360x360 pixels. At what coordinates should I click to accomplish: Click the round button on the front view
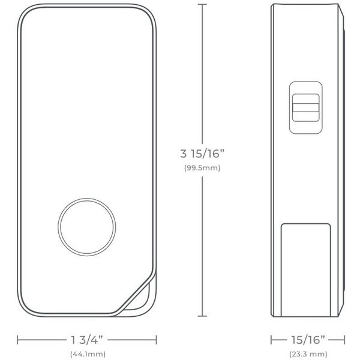[87, 227]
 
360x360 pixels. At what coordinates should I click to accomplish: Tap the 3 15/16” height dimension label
[202, 154]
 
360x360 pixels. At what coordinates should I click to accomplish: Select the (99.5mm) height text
[202, 168]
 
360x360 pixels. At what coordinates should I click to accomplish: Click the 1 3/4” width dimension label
[87, 340]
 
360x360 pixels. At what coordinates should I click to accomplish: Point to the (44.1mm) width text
[88, 354]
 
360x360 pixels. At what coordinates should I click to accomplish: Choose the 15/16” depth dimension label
[308, 340]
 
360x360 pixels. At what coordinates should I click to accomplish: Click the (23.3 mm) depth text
[308, 354]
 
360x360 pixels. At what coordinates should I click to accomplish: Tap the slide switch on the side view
[305, 107]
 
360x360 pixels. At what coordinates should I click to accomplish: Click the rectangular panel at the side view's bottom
[306, 270]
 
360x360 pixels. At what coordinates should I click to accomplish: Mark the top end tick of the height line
[202, 4]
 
